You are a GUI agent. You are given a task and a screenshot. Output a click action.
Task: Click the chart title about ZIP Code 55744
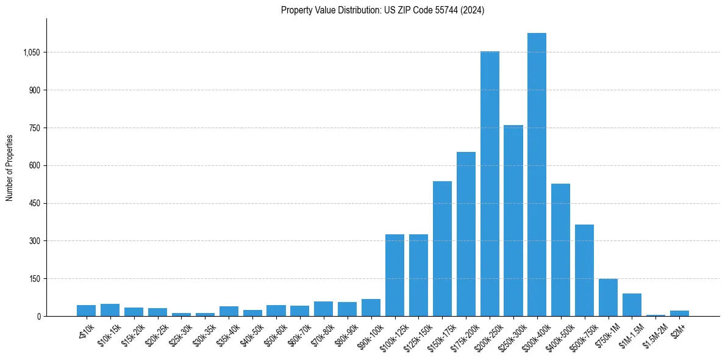pos(382,10)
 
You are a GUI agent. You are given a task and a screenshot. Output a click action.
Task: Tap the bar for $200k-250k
pos(490,184)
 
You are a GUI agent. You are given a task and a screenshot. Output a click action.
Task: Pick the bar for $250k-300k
pos(513,220)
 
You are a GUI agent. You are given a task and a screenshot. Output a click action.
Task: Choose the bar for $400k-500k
pos(560,250)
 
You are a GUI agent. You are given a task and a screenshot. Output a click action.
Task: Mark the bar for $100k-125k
pos(395,275)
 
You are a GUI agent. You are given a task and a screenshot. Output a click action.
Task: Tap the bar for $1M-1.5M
pos(632,304)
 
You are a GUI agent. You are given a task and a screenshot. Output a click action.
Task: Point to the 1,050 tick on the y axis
pos(31,52)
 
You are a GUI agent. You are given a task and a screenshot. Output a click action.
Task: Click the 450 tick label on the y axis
pos(35,203)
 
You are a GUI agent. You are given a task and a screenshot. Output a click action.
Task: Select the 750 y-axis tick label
pos(35,128)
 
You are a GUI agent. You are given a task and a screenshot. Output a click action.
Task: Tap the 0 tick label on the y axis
pos(38,316)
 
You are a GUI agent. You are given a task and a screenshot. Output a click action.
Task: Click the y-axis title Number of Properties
pos(10,168)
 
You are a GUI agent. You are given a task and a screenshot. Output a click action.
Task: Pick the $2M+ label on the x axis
pos(677,329)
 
